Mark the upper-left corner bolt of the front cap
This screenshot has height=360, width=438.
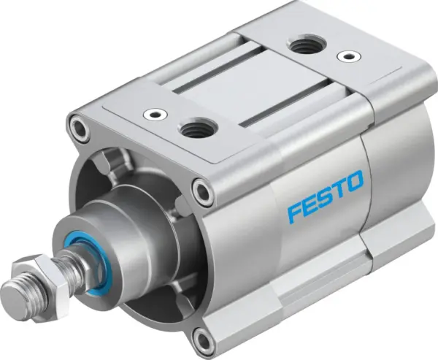click(x=77, y=130)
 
